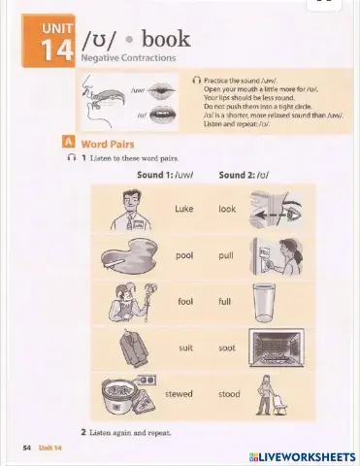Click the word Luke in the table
[183, 209]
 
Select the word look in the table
[227, 209]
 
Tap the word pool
[183, 254]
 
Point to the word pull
[226, 254]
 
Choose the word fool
[184, 301]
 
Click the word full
[225, 301]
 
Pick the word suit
[185, 347]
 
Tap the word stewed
[179, 393]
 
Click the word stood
[229, 393]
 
